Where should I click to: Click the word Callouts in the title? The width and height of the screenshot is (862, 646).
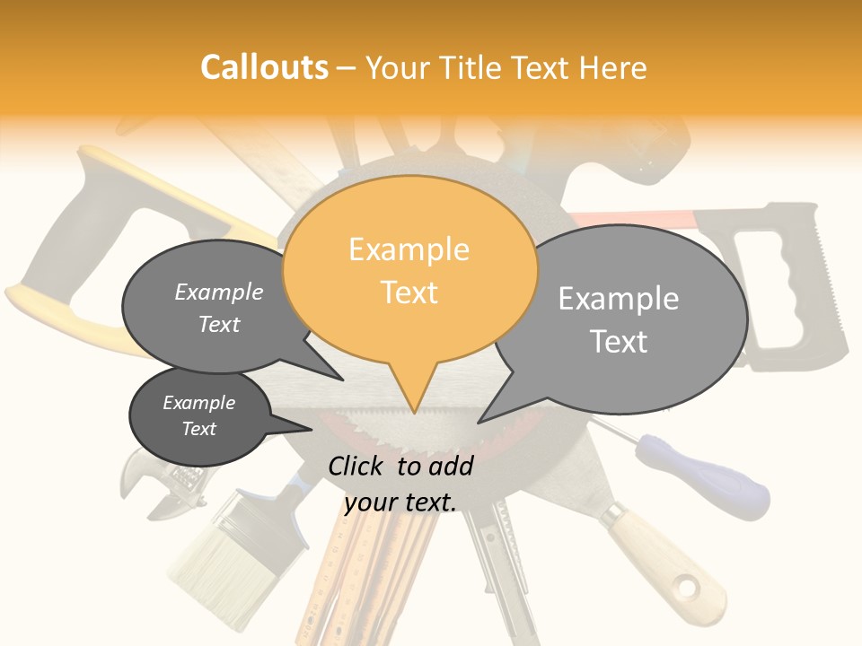pos(264,67)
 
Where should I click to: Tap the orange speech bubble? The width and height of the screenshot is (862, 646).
pos(409,269)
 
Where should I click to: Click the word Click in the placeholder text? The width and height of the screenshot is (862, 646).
pos(358,466)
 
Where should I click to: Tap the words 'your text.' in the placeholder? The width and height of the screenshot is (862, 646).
pos(400,502)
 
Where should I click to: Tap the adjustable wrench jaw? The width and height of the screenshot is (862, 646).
pos(144,480)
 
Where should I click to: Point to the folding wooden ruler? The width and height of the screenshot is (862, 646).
pos(359,574)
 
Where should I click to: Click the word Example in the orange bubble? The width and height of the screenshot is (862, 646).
pos(409,249)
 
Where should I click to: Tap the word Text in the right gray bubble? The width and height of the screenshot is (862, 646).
pos(619,341)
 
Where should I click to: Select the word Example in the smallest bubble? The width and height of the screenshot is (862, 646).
pos(199,403)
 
